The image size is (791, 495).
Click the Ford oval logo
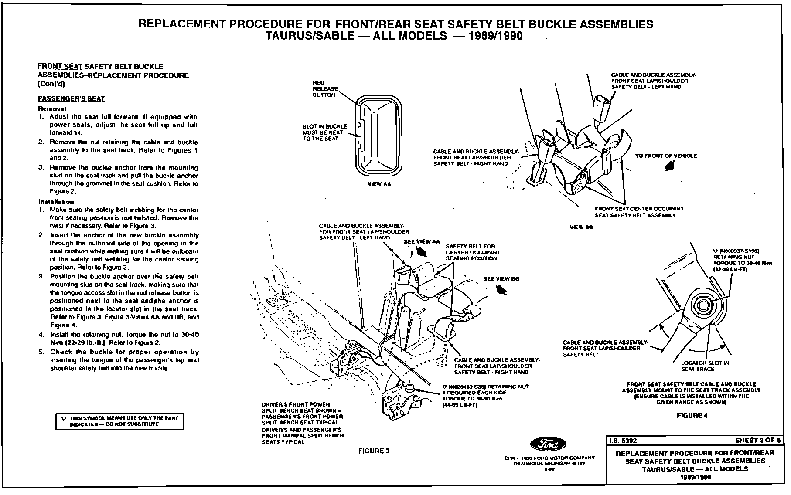[x=548, y=444]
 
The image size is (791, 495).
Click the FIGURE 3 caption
[x=373, y=451]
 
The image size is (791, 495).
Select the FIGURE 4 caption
[x=692, y=415]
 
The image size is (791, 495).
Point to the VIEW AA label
[x=379, y=184]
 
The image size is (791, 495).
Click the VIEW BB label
[x=581, y=227]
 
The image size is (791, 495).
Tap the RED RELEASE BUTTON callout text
[x=325, y=89]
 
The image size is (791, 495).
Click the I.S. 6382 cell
[x=623, y=441]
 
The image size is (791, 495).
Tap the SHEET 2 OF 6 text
[x=757, y=441]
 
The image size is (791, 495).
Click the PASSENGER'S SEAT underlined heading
[x=71, y=99]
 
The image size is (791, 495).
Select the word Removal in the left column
[x=52, y=108]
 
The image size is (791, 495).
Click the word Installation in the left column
[x=56, y=202]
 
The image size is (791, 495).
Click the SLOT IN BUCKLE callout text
[x=325, y=132]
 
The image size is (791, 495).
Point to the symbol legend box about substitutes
[x=119, y=421]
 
